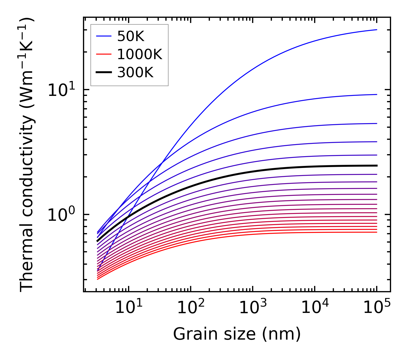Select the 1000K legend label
pyautogui.click(x=140, y=54)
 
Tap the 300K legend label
pyautogui.click(x=136, y=73)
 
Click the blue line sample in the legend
pyautogui.click(x=104, y=36)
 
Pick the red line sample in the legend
pyautogui.click(x=104, y=54)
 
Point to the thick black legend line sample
pyautogui.click(x=104, y=73)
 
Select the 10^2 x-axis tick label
pyautogui.click(x=191, y=308)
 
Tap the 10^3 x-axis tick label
pyautogui.click(x=253, y=308)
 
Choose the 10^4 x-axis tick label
pyautogui.click(x=315, y=308)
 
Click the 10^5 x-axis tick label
pyautogui.click(x=377, y=308)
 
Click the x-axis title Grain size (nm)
pyautogui.click(x=237, y=334)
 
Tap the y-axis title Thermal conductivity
pyautogui.click(x=27, y=154)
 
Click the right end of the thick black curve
pyautogui.click(x=376, y=166)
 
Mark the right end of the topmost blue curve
pyautogui.click(x=376, y=30)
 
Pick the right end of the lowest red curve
pyautogui.click(x=376, y=232)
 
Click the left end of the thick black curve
pyautogui.click(x=98, y=241)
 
